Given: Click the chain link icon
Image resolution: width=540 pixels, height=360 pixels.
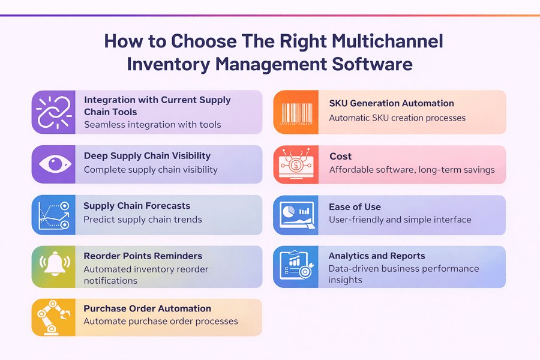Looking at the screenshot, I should click(x=54, y=112).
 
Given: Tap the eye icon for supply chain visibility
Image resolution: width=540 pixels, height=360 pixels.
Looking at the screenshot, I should click(x=54, y=164).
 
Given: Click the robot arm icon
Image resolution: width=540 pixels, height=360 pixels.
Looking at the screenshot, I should click(x=54, y=317).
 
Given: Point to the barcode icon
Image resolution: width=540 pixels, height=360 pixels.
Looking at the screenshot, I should click(x=296, y=112).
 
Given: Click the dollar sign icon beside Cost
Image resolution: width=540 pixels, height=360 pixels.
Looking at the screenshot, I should click(x=296, y=164).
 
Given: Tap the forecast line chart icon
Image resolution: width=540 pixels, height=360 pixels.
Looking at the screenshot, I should click(x=54, y=215).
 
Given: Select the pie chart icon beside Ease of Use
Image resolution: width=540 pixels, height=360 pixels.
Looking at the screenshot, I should click(x=296, y=215).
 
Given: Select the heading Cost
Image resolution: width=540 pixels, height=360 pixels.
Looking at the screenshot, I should click(x=340, y=156).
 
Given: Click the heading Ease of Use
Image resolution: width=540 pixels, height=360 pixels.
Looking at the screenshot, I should click(x=355, y=207).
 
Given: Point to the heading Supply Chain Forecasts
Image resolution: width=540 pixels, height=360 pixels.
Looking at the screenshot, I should click(x=137, y=206).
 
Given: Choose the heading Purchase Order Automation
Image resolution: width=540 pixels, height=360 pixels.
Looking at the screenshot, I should click(x=147, y=308).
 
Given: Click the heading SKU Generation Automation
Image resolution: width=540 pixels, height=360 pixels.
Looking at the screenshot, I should click(x=391, y=103).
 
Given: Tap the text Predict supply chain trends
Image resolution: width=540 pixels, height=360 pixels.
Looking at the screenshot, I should click(x=143, y=220).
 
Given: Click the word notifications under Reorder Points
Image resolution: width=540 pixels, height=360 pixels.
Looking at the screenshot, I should click(x=110, y=281).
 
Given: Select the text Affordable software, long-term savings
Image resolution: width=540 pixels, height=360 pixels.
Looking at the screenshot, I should click(x=412, y=170).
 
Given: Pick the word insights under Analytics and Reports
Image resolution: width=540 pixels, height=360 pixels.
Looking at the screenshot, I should click(x=346, y=280).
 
